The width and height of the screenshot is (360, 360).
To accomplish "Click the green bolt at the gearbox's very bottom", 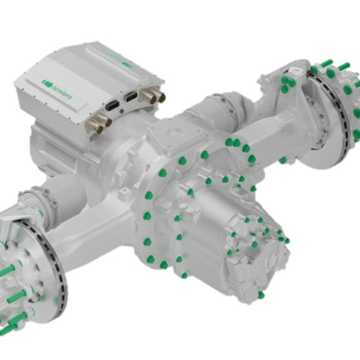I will (x=261, y=295).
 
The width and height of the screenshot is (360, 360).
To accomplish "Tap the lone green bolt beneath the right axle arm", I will (x=282, y=160).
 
